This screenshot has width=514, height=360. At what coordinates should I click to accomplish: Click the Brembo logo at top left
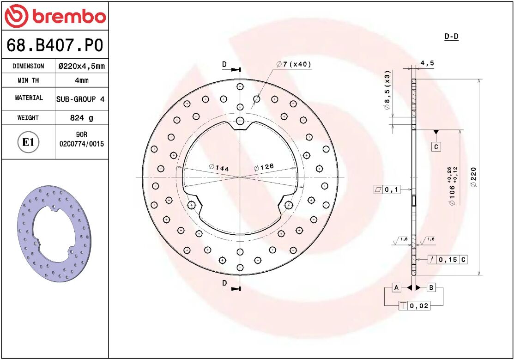coord(55,16)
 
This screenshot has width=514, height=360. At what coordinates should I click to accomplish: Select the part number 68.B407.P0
coord(54,45)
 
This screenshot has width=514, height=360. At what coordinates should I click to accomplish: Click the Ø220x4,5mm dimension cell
coord(81,66)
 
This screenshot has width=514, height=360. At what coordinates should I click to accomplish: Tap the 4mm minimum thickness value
coord(81,80)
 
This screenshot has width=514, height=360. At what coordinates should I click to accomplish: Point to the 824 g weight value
coord(81,118)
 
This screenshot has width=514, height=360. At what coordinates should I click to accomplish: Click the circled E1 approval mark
coord(29,142)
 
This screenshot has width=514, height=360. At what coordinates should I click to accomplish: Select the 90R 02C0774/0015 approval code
coord(81,140)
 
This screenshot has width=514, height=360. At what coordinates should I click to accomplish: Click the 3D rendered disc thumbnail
coord(54,234)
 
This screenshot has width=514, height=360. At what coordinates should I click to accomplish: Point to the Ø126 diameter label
coord(264,167)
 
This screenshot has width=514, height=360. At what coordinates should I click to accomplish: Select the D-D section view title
coord(451,37)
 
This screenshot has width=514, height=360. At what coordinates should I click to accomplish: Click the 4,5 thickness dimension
coord(427,63)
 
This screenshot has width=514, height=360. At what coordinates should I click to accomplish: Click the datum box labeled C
coord(436,147)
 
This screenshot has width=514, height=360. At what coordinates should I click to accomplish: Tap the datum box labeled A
coord(396,287)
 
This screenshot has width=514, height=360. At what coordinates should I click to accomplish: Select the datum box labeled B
coord(431,287)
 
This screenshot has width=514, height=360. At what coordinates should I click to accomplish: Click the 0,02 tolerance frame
coord(414,305)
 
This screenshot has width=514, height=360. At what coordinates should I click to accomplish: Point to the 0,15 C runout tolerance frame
coord(447,260)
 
